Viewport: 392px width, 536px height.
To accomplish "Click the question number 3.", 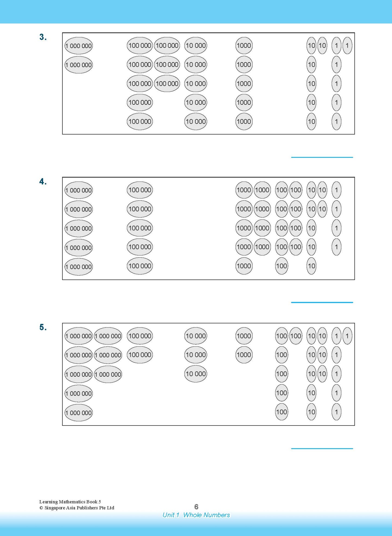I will coord(43,37).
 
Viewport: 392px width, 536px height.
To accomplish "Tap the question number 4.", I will coord(43,182).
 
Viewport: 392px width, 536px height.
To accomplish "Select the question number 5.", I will coord(43,327).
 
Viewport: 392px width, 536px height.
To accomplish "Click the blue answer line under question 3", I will coord(322,157).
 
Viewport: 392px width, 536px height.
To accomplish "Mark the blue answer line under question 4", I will coord(322,302).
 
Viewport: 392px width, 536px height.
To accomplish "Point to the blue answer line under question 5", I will coord(322,449).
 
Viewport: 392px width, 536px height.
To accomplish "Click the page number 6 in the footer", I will coord(196,507).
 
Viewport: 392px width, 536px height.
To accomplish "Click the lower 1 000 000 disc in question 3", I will coord(79,65).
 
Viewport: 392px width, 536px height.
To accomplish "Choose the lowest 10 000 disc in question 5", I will coord(196,374).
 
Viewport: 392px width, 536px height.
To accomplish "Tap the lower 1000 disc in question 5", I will coord(244,355).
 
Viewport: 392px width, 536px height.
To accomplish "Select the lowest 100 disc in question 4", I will coord(282,266).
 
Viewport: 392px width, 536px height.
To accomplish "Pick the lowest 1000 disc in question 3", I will coord(244,122).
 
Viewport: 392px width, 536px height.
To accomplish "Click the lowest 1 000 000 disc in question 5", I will coord(79,413).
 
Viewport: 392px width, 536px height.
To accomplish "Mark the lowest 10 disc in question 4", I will coord(311,266).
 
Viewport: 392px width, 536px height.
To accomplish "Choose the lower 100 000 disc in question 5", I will coord(140,355).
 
